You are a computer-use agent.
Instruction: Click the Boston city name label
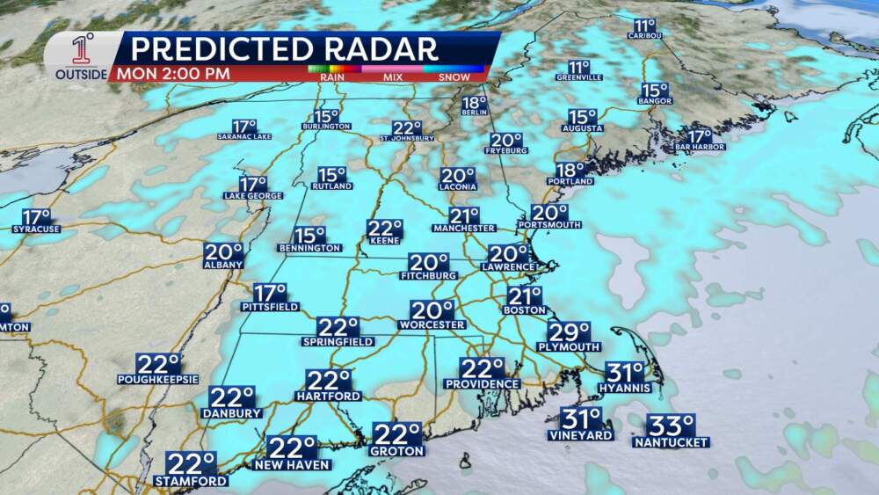click(525, 309)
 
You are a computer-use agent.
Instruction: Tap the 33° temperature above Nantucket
click(672, 426)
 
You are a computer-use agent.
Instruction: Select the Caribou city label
click(644, 35)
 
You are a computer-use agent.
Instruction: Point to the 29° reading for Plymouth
click(569, 332)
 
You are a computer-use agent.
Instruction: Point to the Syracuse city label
click(36, 229)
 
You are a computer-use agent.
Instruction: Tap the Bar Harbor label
click(700, 147)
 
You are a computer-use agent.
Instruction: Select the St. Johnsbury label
click(407, 138)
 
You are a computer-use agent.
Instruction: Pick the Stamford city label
click(191, 481)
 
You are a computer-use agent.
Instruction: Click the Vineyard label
click(582, 435)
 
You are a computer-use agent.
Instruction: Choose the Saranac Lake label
click(244, 136)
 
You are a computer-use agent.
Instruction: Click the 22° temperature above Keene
click(384, 229)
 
